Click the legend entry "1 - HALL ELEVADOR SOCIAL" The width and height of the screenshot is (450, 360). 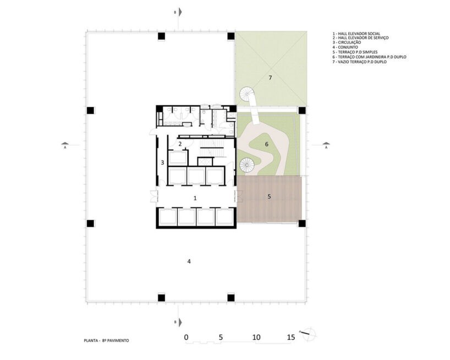(x=356, y=34)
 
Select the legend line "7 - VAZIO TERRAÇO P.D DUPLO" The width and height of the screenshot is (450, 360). (x=360, y=62)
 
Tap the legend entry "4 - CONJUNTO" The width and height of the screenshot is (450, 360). (x=345, y=47)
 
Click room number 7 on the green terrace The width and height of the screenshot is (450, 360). (x=270, y=78)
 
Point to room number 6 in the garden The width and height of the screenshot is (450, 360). (x=267, y=144)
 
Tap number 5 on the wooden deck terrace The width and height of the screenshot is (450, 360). (x=269, y=197)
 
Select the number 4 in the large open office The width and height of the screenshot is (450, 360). (x=189, y=261)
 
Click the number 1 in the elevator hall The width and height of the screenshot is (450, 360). (x=195, y=198)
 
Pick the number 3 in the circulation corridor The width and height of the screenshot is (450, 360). (x=162, y=163)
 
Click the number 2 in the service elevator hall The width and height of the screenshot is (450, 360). (x=180, y=144)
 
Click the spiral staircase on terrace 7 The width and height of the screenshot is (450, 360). (x=247, y=94)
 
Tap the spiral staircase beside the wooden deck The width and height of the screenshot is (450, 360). (x=247, y=165)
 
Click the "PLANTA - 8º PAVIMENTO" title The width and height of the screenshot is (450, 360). (x=107, y=341)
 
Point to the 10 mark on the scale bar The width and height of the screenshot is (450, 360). (x=256, y=337)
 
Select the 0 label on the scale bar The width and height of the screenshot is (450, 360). (x=186, y=337)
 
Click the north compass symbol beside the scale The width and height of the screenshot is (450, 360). (x=309, y=333)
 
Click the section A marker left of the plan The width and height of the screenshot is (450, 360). (x=65, y=145)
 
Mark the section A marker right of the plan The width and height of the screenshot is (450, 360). (x=326, y=145)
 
